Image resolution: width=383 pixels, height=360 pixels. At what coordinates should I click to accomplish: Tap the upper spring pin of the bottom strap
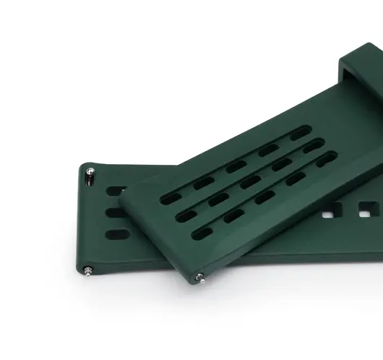pos(90,172)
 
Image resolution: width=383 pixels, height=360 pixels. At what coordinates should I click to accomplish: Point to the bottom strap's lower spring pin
pos(88,271)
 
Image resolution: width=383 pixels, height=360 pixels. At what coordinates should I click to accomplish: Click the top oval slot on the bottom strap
pos(115,192)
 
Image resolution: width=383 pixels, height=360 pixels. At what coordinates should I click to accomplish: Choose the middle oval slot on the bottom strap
pos(116,213)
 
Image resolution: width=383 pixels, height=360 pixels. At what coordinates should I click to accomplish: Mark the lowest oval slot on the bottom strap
pos(116,234)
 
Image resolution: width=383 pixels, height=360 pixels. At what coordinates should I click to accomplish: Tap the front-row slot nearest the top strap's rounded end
pos(202,233)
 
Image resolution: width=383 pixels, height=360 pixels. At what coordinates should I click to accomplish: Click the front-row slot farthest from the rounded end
pos(327,158)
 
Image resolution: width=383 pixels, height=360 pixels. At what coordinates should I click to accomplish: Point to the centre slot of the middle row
pos(250,181)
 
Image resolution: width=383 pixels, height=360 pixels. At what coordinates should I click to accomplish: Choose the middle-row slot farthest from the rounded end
pos(312,147)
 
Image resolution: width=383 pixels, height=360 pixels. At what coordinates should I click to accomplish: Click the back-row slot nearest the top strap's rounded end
pos(171,197)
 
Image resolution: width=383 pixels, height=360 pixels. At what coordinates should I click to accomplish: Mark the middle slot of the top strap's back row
pos(236,166)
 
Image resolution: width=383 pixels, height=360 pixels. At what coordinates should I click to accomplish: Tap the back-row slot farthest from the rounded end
pos(299,134)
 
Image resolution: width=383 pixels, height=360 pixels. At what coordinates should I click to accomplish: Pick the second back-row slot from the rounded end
pos(203,181)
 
